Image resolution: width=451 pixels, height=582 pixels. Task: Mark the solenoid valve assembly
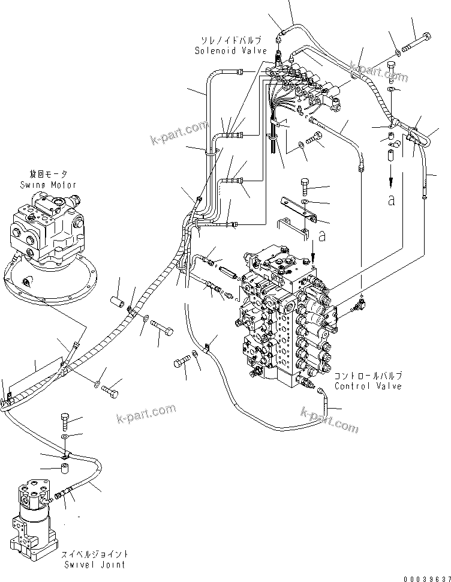pos(306,87)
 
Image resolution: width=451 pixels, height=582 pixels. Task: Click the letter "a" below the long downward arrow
pos(392,200)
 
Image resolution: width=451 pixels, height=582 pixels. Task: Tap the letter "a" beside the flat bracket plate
pos(321,237)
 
